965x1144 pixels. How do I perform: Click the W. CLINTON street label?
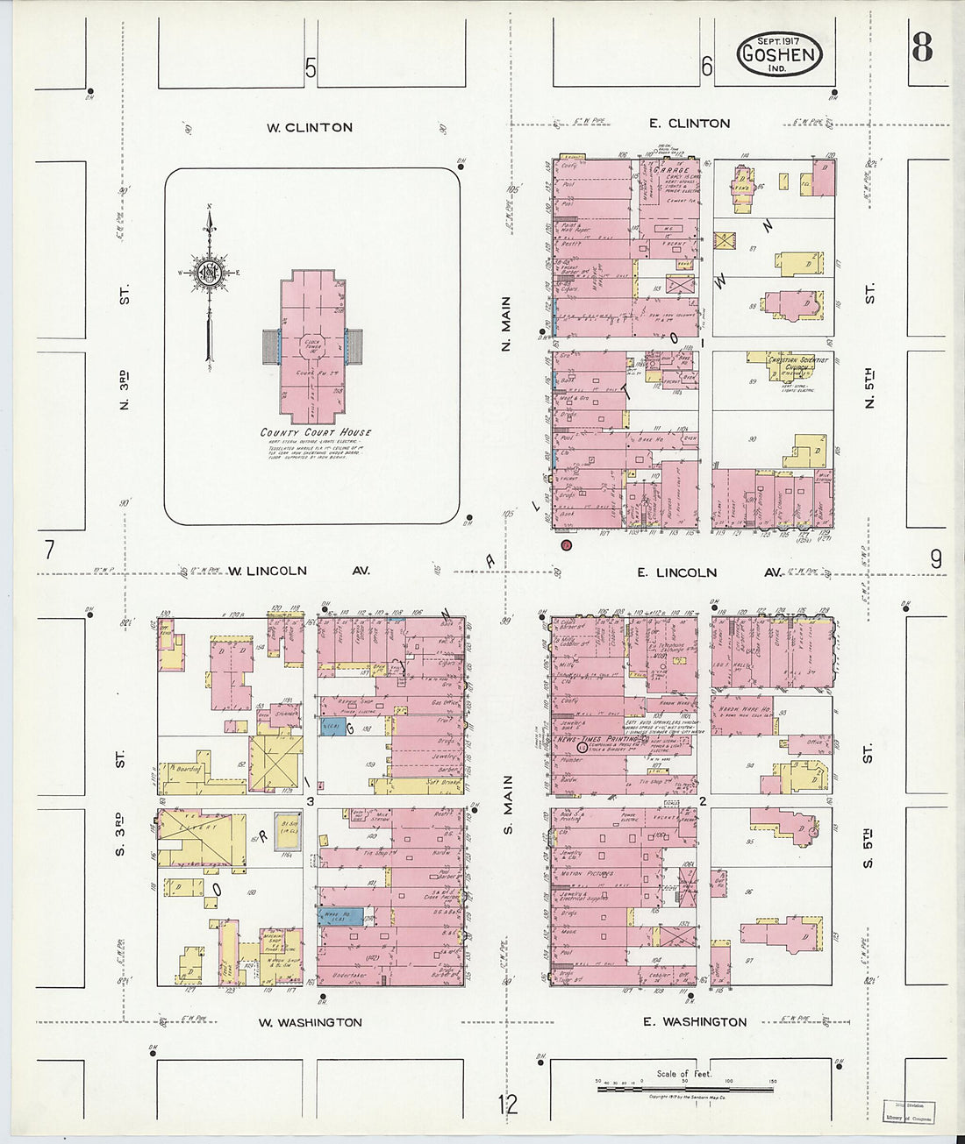(x=310, y=128)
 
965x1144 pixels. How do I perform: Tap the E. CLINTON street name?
(x=690, y=124)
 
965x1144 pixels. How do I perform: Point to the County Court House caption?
(x=316, y=432)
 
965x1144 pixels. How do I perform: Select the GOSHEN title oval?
(x=778, y=53)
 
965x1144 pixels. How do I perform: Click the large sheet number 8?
(x=921, y=47)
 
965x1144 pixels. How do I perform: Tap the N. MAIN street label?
(x=506, y=323)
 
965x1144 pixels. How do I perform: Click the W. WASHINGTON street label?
(x=311, y=1022)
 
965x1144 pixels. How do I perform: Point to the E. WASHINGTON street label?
(x=695, y=1021)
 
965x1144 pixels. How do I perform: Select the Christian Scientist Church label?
(x=797, y=364)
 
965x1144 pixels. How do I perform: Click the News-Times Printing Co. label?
(x=602, y=740)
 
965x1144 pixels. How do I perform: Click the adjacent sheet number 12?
(x=508, y=1105)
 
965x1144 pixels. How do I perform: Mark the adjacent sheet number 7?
(x=49, y=551)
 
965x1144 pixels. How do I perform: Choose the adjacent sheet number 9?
(x=936, y=558)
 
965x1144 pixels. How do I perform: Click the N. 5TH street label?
(x=869, y=389)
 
